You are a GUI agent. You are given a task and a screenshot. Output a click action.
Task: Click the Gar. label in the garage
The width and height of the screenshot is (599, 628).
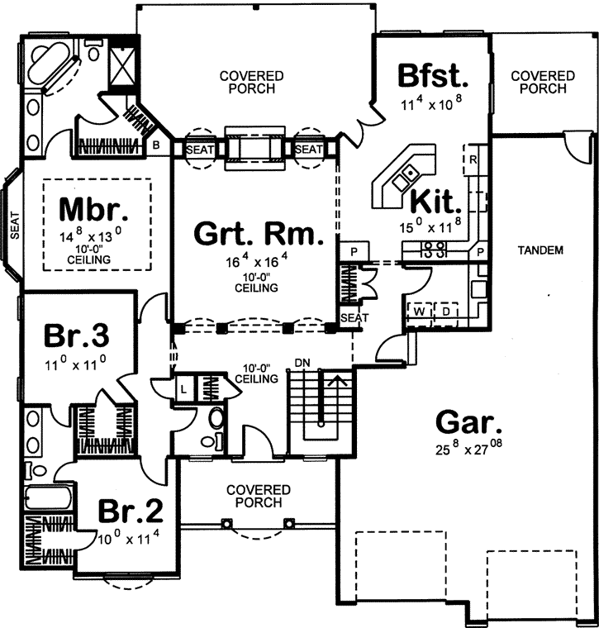pyautogui.click(x=468, y=426)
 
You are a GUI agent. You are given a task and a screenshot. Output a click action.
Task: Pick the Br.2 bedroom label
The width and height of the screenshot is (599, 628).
pyautogui.click(x=130, y=511)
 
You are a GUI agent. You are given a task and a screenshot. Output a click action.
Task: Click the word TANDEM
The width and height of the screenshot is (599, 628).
pyautogui.click(x=543, y=250)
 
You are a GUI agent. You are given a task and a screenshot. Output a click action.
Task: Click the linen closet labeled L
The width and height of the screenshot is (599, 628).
pyautogui.click(x=183, y=388)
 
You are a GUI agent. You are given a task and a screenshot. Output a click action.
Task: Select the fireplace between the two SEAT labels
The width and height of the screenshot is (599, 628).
pyautogui.click(x=256, y=149)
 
